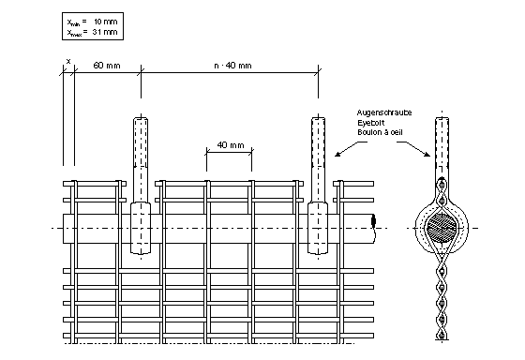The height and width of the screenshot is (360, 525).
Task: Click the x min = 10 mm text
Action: (x=93, y=22)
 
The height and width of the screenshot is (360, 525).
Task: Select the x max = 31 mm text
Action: (x=93, y=32)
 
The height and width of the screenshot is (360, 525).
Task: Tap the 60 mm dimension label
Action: (x=107, y=66)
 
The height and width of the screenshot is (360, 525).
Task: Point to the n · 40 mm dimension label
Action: (x=232, y=66)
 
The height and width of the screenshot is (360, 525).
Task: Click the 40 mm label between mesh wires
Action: (x=231, y=145)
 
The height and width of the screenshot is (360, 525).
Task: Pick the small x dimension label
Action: (x=68, y=61)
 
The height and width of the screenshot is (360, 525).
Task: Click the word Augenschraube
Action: (x=384, y=112)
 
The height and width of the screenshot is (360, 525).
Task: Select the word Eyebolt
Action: (x=370, y=123)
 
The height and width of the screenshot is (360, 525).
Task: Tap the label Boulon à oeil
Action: (x=380, y=132)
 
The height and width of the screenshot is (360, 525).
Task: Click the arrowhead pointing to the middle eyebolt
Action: (x=337, y=155)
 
